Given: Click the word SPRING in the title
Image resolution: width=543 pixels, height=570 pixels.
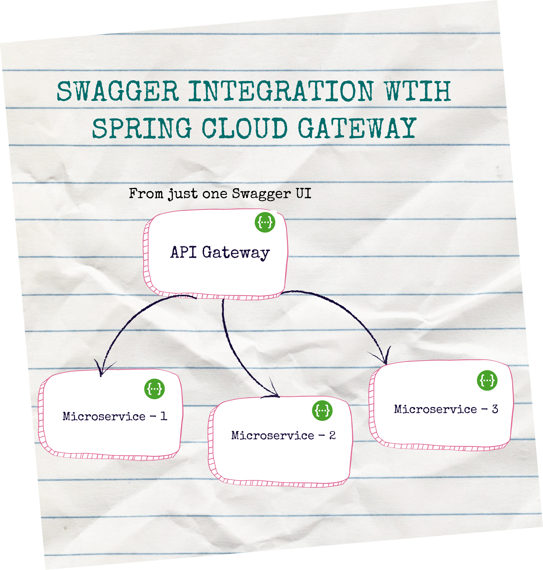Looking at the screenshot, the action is [142, 128].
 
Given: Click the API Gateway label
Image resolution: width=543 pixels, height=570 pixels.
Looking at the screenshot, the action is [220, 252].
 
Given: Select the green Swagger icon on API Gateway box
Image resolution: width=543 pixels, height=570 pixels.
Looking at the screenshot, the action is [265, 222].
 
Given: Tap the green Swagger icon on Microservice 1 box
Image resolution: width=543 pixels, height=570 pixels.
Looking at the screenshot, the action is [155, 389].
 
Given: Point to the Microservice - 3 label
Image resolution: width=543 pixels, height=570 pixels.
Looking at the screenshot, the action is [446, 409].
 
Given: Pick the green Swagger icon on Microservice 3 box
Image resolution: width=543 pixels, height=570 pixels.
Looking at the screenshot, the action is [487, 380].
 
